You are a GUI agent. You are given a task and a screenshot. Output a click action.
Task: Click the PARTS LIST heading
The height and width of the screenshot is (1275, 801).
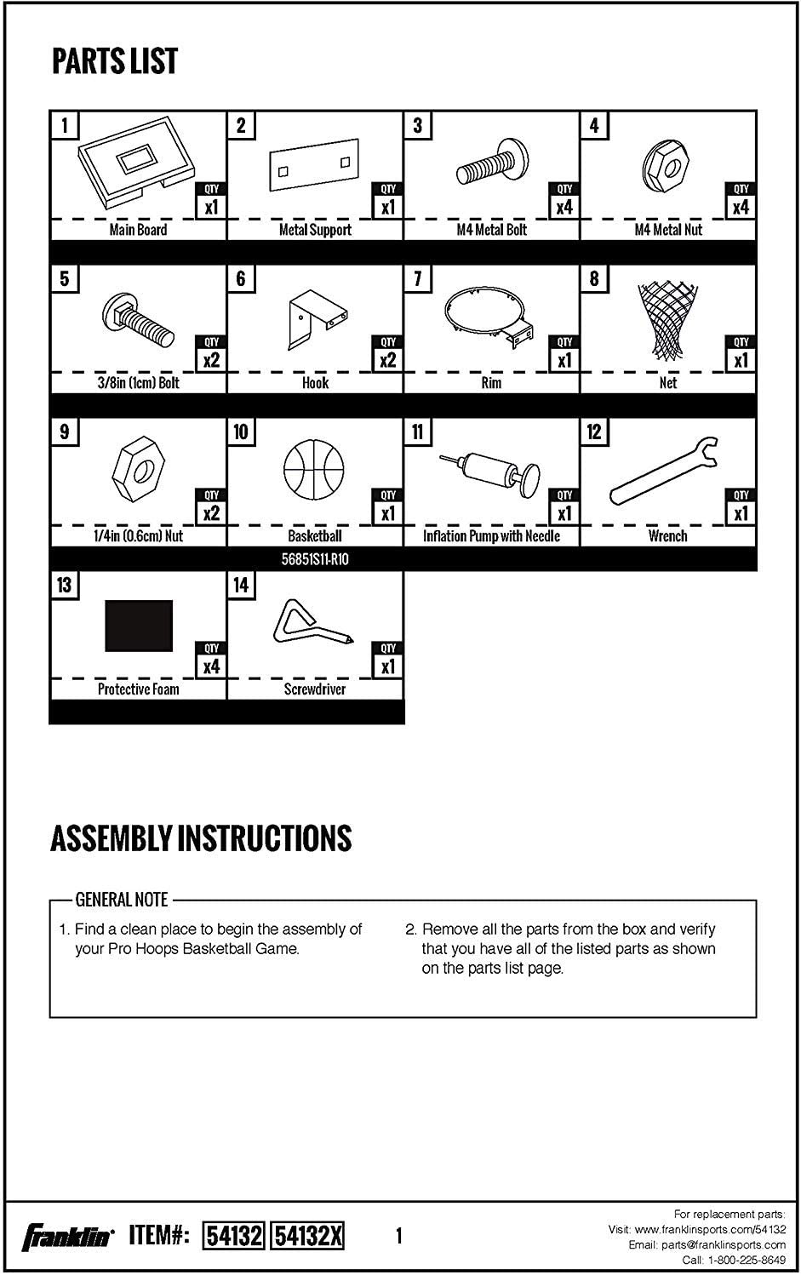point(115,61)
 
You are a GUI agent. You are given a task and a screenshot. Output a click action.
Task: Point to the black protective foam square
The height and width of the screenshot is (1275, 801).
point(138,625)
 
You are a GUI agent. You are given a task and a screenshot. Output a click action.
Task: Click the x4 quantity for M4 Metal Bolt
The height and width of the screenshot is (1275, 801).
point(564,207)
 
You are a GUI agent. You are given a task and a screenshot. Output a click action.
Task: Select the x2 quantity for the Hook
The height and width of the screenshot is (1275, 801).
point(387,360)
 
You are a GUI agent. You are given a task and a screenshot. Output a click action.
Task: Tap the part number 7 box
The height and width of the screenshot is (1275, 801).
point(417,278)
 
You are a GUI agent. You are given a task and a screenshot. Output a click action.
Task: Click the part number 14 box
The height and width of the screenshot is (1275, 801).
point(241,585)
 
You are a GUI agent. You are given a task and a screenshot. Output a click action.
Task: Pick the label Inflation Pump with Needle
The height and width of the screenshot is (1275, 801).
point(491,536)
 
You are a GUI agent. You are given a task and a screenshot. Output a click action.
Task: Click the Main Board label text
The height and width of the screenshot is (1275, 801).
point(138,230)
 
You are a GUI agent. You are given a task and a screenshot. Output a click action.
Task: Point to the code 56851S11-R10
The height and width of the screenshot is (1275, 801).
point(315,559)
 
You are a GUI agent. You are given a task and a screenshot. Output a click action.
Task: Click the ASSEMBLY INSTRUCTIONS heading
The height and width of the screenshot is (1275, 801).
point(201,838)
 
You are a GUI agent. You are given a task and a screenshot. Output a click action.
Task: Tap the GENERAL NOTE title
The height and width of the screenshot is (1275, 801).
point(122,900)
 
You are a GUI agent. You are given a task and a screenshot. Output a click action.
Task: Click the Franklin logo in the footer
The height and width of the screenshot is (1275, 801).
point(67,1236)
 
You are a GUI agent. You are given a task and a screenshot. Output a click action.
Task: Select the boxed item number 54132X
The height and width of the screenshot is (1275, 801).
point(307,1235)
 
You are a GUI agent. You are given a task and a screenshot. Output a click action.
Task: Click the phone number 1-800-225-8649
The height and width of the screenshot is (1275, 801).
point(746,1260)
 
